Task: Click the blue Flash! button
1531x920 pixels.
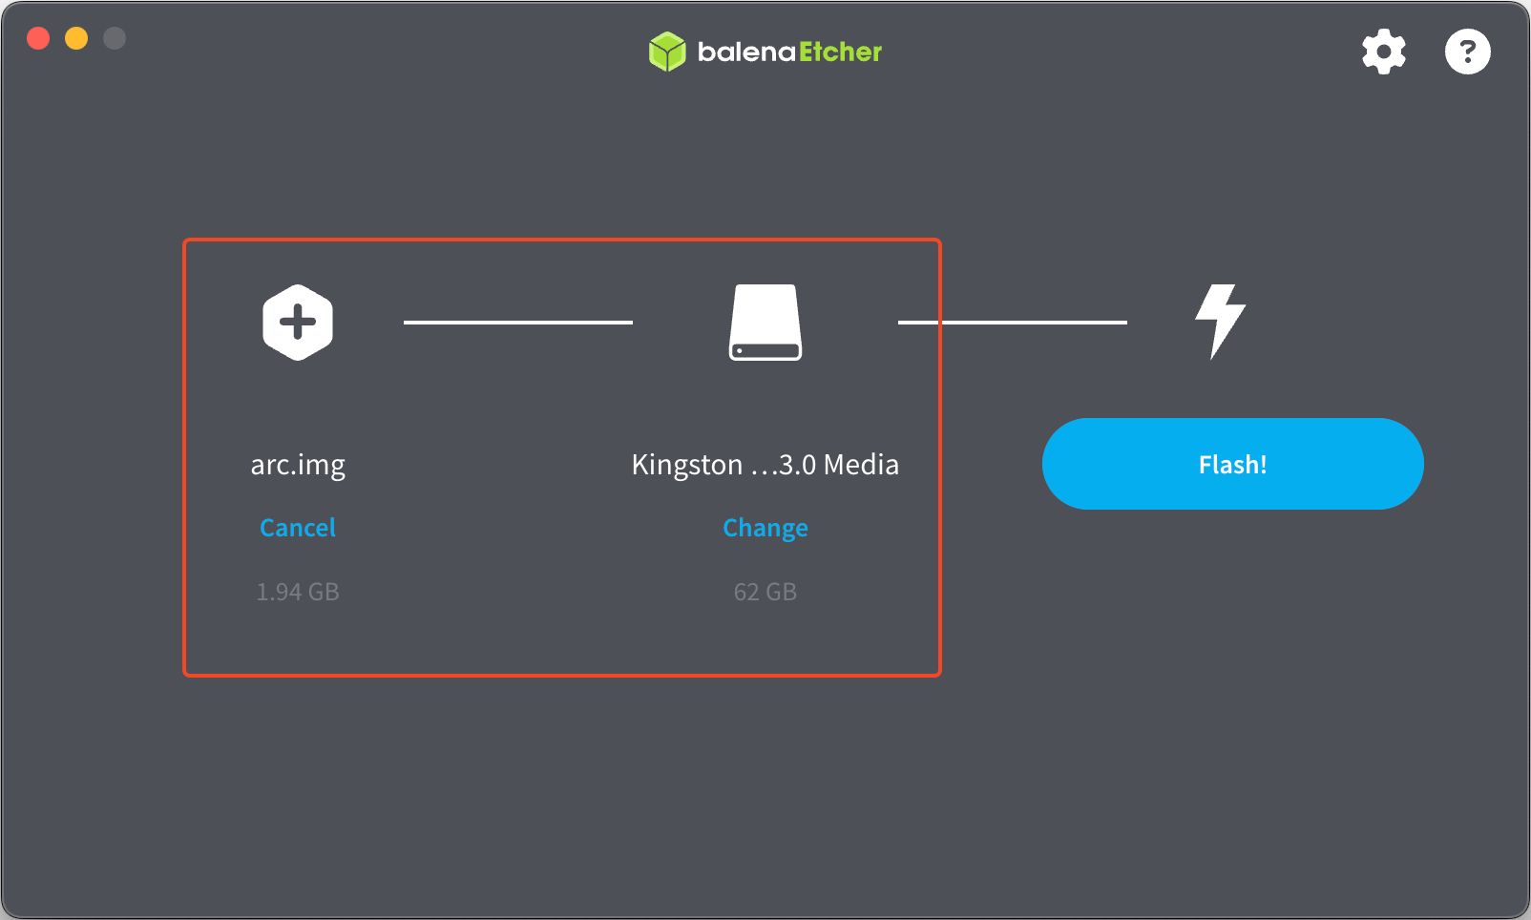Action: click(1232, 464)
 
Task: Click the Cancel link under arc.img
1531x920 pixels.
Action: click(298, 528)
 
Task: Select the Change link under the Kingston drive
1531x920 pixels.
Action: click(765, 528)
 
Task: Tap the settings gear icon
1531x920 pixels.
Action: click(1383, 52)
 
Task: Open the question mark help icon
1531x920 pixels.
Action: click(1467, 52)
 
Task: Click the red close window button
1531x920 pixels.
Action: click(38, 38)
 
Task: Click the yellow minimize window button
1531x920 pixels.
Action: click(76, 38)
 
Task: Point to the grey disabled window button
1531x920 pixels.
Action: click(115, 38)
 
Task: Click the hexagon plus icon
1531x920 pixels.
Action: click(298, 323)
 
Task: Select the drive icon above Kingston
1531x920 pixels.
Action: click(765, 323)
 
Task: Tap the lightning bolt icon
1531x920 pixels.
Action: click(1220, 321)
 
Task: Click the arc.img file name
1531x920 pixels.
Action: click(298, 465)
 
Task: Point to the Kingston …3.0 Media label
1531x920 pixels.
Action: click(765, 465)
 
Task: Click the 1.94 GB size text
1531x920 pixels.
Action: click(298, 592)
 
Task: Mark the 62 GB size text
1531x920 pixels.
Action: click(765, 592)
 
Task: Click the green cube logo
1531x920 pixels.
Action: click(667, 52)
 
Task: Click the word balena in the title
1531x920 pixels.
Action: click(746, 52)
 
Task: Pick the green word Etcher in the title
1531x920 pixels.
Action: click(840, 52)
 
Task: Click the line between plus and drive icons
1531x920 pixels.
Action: click(518, 323)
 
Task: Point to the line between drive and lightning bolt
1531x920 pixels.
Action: click(1013, 323)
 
